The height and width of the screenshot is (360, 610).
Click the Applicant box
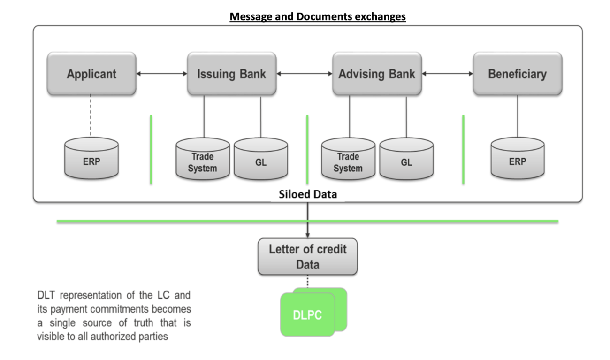click(91, 74)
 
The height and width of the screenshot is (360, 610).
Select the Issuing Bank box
click(231, 74)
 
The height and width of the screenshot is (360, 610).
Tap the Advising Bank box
click(377, 74)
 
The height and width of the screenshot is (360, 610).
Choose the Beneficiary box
click(517, 74)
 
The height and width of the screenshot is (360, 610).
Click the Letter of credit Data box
click(307, 256)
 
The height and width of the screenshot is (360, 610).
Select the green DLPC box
click(308, 315)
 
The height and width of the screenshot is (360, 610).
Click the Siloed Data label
click(307, 194)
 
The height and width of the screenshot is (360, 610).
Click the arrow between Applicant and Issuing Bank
click(161, 73)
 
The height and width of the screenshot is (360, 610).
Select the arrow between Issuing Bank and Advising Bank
click(304, 73)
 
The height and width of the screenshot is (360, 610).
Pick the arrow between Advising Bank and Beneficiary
click(447, 73)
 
